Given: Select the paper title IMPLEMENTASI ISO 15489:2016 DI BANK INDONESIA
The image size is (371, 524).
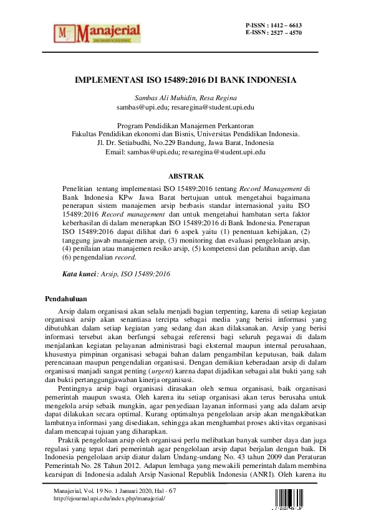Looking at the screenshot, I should pyautogui.click(x=185, y=81).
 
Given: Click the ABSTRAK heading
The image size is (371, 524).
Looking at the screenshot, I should pyautogui.click(x=185, y=176).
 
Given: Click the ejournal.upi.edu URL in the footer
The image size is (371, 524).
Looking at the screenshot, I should pyautogui.click(x=110, y=499).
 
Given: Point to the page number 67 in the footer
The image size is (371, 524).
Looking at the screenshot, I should pyautogui.click(x=172, y=491).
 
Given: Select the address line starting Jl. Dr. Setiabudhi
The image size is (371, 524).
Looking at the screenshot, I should pyautogui.click(x=185, y=143).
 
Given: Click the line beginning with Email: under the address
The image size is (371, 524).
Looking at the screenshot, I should pyautogui.click(x=185, y=151).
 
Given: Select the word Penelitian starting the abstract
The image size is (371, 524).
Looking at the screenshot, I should pyautogui.click(x=79, y=187).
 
